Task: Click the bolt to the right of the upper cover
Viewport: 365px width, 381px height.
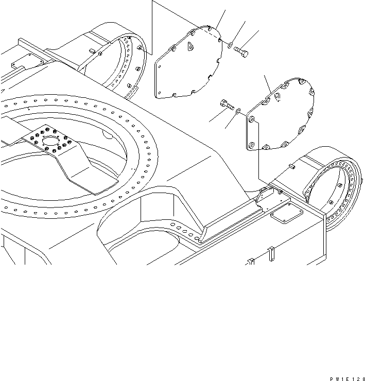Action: coord(241,50)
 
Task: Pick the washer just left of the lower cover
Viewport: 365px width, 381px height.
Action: coord(237,110)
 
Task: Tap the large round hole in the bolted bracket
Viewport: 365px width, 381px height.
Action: coord(51,142)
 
